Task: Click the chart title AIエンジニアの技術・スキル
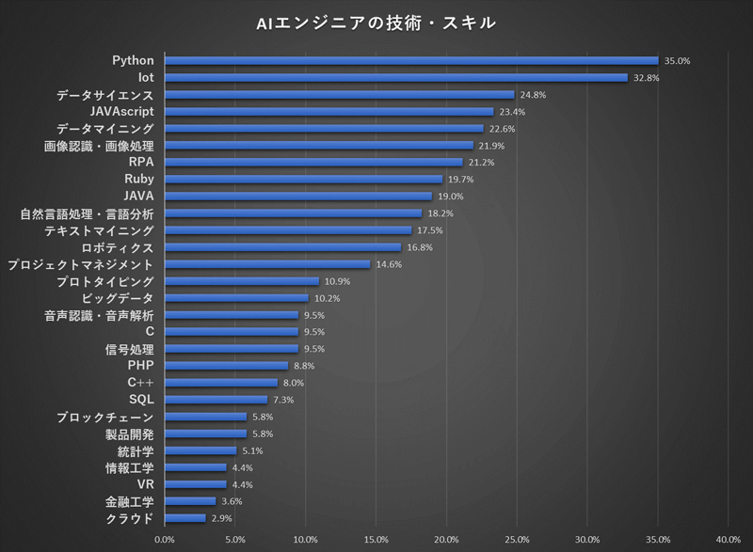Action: coord(376,23)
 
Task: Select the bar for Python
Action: coord(411,61)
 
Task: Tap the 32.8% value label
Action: coord(646,78)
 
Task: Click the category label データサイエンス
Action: coord(104,95)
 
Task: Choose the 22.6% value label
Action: coord(502,129)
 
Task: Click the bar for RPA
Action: coord(313,163)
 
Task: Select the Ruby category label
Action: coord(138,179)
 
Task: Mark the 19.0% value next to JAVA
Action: coord(451,197)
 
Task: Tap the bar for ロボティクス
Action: coord(282,247)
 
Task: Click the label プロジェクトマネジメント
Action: coord(80,265)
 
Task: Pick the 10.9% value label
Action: coord(337,281)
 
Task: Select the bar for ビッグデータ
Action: coord(236,298)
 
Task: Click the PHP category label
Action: coord(140,365)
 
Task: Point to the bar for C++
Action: coord(221,383)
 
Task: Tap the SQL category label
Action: coord(140,399)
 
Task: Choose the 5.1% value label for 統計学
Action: coord(252,450)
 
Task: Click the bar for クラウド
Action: coord(184,518)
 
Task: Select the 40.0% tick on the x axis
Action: coord(728,540)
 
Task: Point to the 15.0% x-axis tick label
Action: coord(376,540)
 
